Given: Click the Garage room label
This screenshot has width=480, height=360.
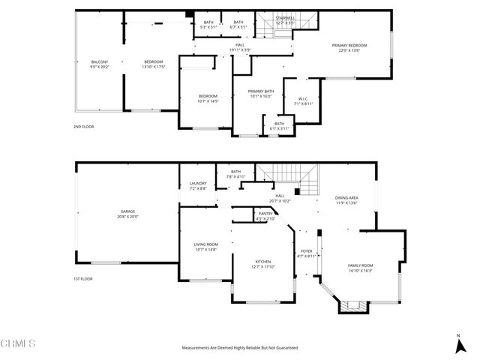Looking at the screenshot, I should [127, 214].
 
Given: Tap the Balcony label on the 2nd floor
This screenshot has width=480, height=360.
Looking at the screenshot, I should [100, 64].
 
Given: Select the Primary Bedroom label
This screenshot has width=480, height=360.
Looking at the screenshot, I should [350, 48].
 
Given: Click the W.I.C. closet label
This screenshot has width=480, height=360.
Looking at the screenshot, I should [303, 100].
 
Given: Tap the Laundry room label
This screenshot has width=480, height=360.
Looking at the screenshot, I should [198, 185].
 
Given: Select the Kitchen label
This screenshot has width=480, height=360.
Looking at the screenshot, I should [262, 263].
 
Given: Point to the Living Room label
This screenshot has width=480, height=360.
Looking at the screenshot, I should [205, 246].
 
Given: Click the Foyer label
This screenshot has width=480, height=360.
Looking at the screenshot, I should [306, 253].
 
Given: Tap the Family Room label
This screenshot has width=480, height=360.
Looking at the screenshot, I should [360, 268].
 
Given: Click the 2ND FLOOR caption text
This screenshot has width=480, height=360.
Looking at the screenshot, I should [84, 127].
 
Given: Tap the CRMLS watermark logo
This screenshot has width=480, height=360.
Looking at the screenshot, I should [18, 344].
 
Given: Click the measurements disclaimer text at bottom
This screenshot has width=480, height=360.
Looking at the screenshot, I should [240, 348].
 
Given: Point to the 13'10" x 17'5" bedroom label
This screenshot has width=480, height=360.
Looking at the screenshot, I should [154, 64].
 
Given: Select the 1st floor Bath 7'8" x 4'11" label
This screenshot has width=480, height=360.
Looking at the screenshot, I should [235, 175].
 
